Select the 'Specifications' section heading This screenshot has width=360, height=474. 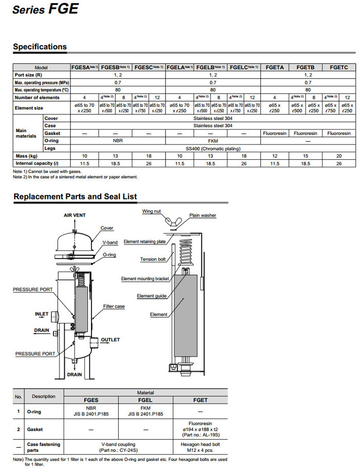click(40, 47)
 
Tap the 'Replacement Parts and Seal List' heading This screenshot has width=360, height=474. click(75, 196)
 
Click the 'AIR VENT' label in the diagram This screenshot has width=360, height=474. click(75, 215)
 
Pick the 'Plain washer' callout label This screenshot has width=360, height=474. click(203, 215)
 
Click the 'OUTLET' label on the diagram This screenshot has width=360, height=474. click(110, 340)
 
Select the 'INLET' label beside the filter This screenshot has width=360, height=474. click(42, 314)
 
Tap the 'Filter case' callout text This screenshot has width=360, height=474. click(114, 306)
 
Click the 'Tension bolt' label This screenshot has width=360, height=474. click(152, 259)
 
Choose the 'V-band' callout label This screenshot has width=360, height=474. click(111, 242)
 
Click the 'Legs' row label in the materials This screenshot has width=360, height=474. click(50, 149)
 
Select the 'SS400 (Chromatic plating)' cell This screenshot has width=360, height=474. click(213, 149)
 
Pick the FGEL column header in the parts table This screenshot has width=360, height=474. click(146, 399)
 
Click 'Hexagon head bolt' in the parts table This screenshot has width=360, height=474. click(201, 444)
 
